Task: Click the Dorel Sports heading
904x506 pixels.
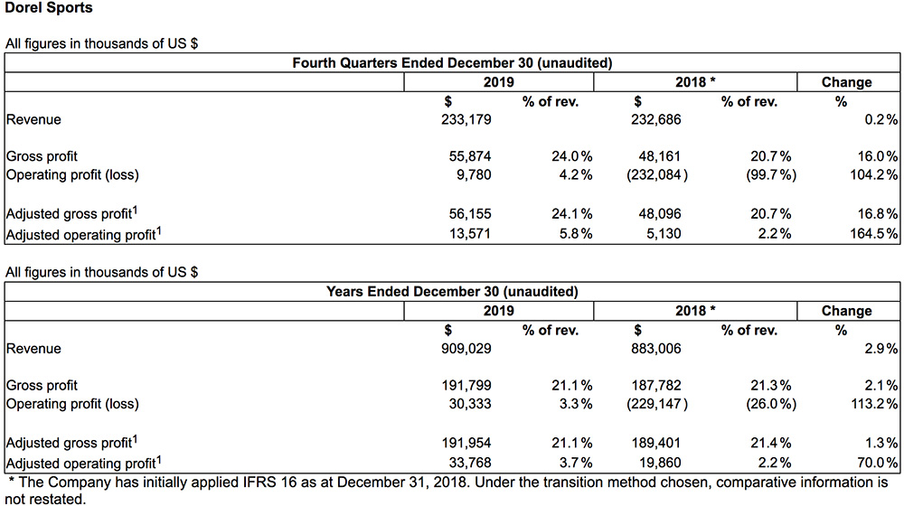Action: [x=49, y=8]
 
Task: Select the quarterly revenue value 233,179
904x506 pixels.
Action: [x=466, y=119]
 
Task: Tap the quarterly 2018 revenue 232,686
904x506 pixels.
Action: [x=655, y=119]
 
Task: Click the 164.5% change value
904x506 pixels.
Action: [x=873, y=233]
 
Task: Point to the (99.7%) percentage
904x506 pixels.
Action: [x=771, y=174]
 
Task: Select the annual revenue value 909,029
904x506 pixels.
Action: [x=466, y=348]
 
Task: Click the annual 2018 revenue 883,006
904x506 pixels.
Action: [x=655, y=348]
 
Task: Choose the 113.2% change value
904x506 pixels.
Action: [x=874, y=403]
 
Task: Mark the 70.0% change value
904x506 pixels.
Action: [x=878, y=463]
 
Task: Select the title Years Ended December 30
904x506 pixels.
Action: [x=412, y=292]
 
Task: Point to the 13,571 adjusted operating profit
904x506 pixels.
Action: [x=470, y=233]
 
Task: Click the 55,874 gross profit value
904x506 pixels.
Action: [x=470, y=156]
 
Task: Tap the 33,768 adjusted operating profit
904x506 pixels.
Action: [x=470, y=463]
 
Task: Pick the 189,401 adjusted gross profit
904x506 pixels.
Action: [x=656, y=443]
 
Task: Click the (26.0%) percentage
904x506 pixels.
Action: [x=771, y=403]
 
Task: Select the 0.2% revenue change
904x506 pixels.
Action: [x=880, y=119]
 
